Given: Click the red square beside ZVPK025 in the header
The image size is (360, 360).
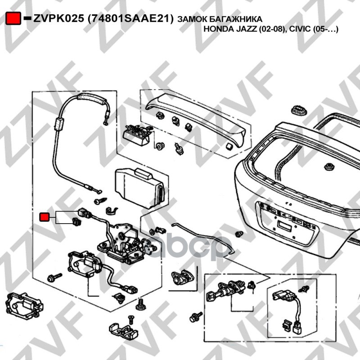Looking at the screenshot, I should [x=14, y=18].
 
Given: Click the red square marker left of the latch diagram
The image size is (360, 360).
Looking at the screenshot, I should [x=45, y=217].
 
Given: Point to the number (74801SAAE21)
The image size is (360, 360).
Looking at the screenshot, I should [x=130, y=18].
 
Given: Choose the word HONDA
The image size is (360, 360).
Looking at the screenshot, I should [x=219, y=29].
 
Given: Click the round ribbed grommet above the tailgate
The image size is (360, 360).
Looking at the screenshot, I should [x=297, y=109].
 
